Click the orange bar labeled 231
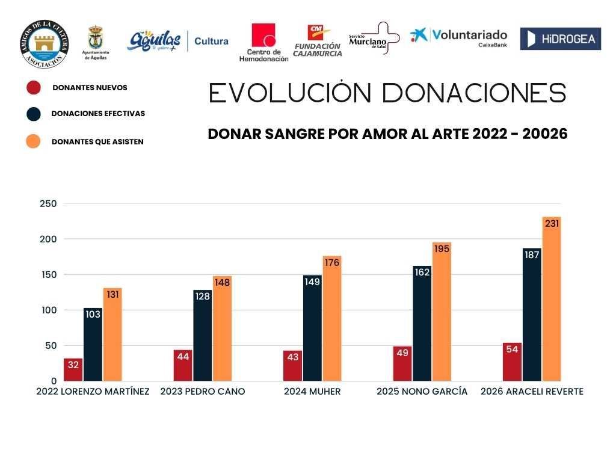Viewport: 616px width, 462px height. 551,301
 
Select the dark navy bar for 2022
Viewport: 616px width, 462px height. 93,346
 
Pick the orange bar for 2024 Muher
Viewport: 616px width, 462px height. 331,322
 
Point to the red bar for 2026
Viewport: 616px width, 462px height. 512,363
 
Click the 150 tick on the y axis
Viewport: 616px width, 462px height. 48,275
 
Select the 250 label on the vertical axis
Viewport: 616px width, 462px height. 48,204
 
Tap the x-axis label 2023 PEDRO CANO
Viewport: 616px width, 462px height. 203,392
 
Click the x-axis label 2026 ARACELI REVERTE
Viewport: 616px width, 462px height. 532,392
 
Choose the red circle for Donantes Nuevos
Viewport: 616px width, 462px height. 34,88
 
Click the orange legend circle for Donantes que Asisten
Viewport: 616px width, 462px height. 34,141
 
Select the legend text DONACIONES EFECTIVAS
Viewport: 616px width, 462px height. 98,113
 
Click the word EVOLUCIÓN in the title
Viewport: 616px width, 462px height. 291,94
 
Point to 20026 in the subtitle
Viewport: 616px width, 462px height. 545,134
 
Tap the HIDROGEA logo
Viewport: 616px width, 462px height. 560,39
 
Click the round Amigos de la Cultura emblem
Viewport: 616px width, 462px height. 44,44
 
